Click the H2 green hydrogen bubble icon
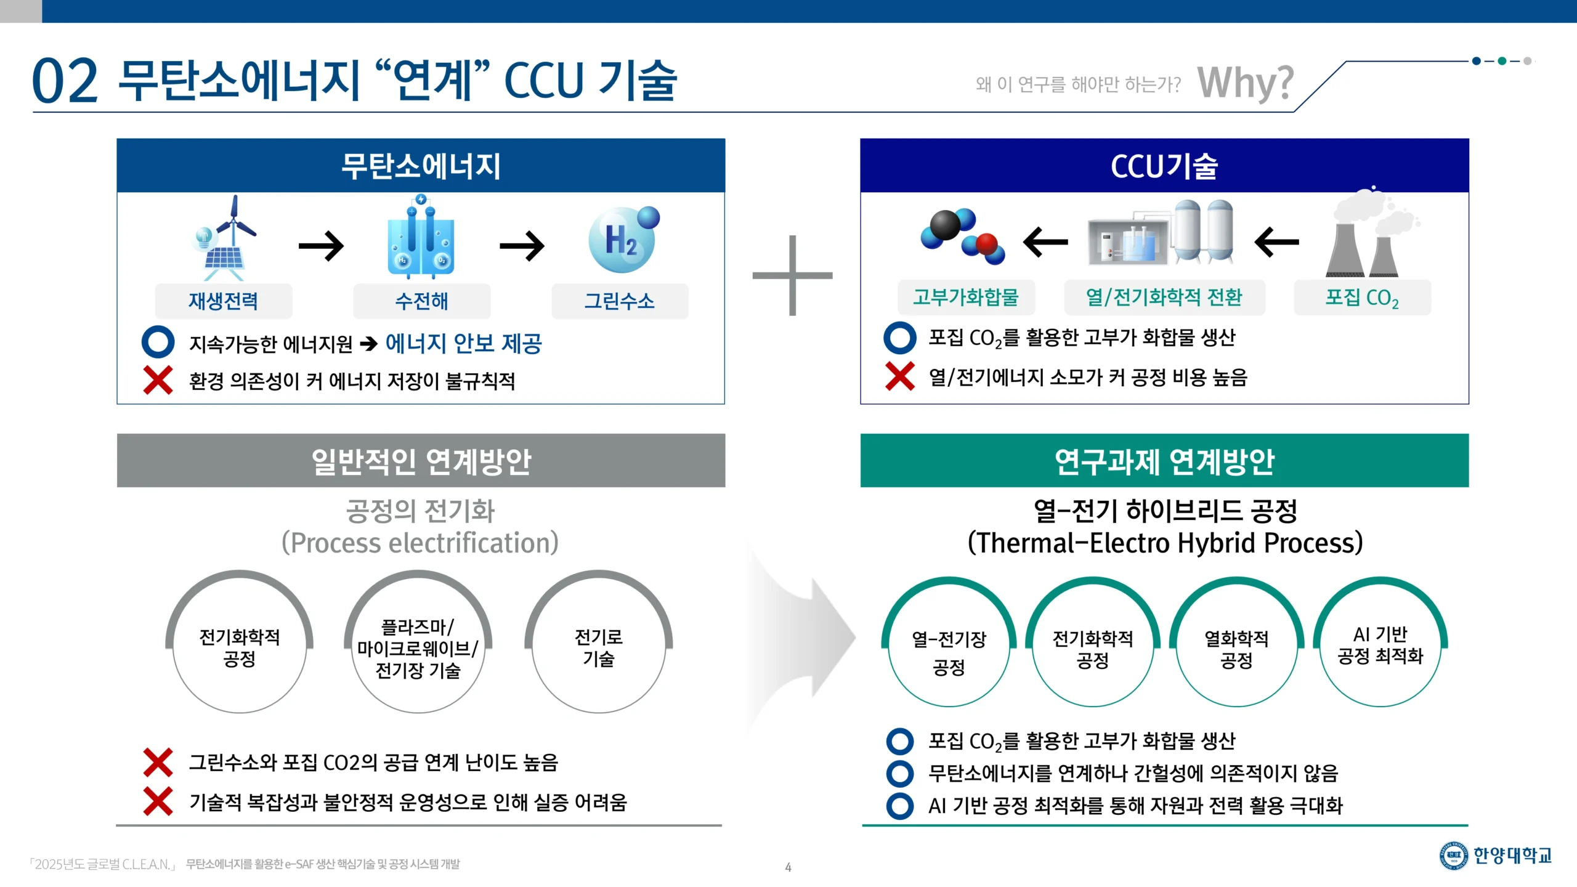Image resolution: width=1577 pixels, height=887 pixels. [x=623, y=240]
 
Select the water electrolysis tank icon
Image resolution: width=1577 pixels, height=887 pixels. [x=421, y=237]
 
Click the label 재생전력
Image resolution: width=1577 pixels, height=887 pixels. [x=223, y=301]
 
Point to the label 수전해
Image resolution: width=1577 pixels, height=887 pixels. [x=421, y=301]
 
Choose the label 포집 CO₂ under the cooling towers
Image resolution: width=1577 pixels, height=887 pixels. [x=1362, y=298]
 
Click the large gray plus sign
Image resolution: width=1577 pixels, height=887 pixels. [x=792, y=275]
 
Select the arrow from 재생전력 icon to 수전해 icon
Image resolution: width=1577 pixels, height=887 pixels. [x=321, y=246]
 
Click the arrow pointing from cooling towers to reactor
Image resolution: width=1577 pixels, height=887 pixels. [x=1276, y=242]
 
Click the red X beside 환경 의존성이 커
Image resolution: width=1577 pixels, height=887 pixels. [x=158, y=380]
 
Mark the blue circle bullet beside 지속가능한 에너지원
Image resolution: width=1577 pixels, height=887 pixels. [x=158, y=342]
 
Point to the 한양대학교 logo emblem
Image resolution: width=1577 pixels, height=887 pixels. [x=1454, y=856]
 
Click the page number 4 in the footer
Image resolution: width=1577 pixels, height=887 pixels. [x=788, y=867]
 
